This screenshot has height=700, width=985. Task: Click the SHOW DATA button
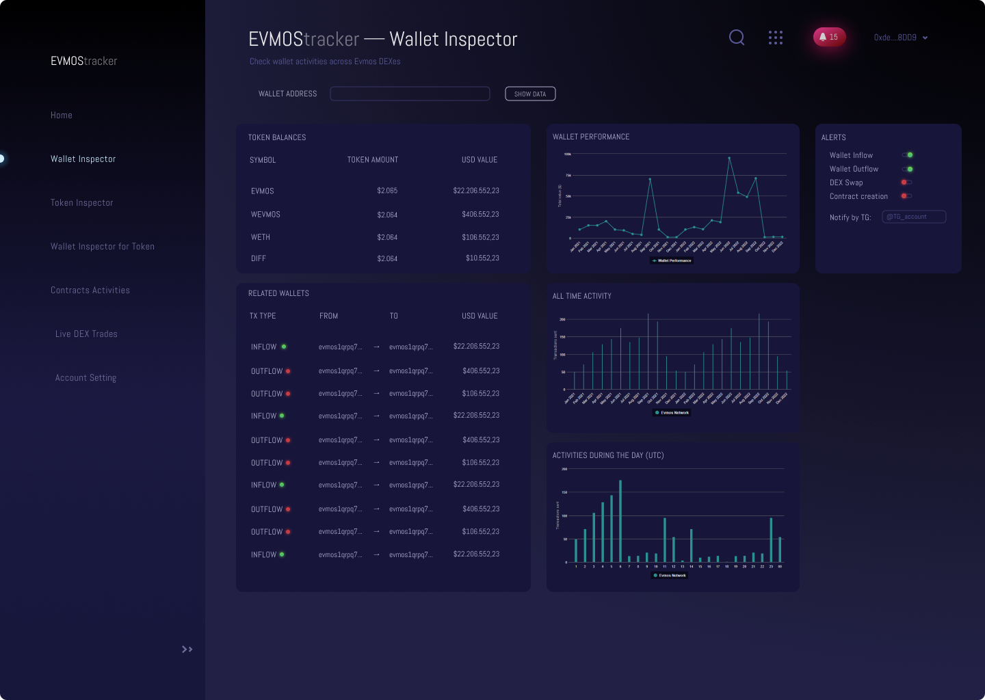click(530, 94)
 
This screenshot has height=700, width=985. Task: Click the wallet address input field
click(410, 94)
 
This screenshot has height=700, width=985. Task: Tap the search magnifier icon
click(737, 37)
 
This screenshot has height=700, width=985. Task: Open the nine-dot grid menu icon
click(775, 38)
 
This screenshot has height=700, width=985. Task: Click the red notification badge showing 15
click(829, 37)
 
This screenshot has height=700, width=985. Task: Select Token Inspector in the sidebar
click(82, 203)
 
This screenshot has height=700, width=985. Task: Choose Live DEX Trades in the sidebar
click(86, 334)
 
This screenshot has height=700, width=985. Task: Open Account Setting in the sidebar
click(86, 378)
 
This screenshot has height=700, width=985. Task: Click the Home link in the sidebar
click(62, 116)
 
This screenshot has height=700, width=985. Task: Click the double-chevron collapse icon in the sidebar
click(187, 649)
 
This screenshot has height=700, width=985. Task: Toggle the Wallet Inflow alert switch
click(908, 155)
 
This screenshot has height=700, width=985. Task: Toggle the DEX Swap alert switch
click(906, 183)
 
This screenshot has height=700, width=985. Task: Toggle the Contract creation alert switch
click(906, 196)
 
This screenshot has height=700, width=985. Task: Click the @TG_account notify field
click(914, 217)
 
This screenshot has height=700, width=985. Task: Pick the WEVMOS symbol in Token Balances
click(265, 215)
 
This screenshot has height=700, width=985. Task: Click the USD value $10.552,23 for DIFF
click(482, 258)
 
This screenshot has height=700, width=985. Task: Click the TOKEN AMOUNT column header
click(373, 160)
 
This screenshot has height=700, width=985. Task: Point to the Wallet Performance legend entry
click(672, 260)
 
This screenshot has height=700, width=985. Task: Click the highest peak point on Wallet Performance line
click(729, 158)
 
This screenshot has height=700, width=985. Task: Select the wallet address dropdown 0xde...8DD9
click(901, 38)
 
